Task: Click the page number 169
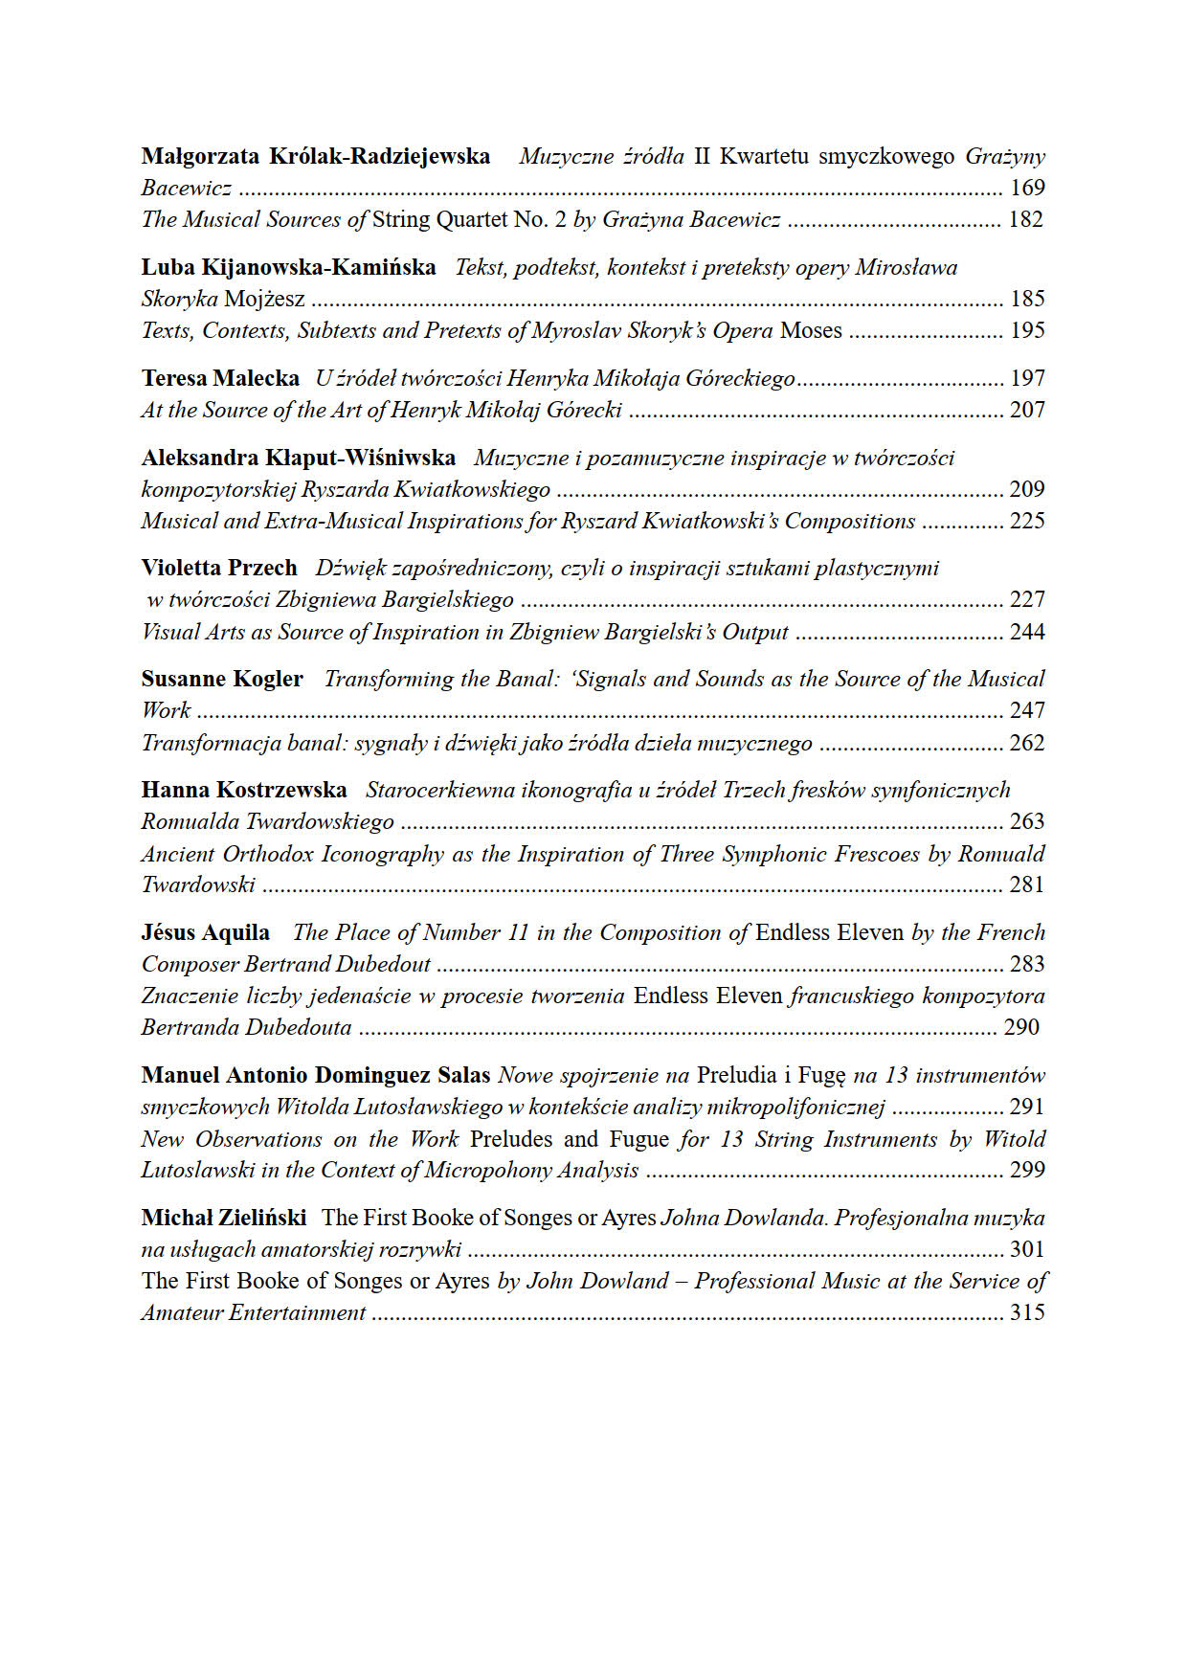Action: (1027, 188)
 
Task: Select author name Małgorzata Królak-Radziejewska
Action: (316, 156)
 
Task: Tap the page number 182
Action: (1026, 219)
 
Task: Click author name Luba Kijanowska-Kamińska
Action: (288, 267)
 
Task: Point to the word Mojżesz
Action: (264, 299)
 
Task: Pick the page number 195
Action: (1027, 330)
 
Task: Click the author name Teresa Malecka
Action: (220, 378)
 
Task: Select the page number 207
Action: (1027, 410)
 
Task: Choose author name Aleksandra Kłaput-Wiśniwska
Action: (299, 458)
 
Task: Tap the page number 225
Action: (1027, 521)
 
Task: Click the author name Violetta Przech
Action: (219, 568)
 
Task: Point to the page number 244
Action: (1027, 632)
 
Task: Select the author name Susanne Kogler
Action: (222, 679)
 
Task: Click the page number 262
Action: (1027, 743)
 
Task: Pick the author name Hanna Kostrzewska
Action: (244, 790)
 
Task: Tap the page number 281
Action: (1027, 884)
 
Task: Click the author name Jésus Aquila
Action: (206, 932)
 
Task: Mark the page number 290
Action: (1021, 1027)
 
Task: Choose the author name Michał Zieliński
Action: (224, 1218)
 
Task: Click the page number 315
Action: (1027, 1312)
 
